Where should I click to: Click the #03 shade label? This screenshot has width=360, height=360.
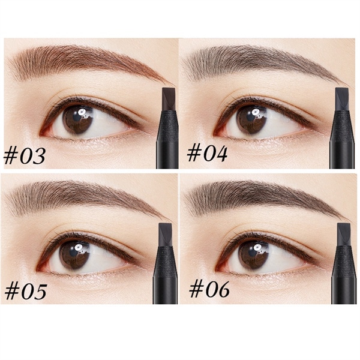[25, 155]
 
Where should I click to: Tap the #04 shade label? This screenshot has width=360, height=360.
[207, 154]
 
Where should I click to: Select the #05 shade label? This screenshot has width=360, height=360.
[26, 292]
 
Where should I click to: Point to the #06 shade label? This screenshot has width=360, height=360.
[209, 289]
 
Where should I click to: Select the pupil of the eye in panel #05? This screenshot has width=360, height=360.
[74, 254]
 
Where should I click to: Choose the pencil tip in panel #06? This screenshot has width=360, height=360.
[344, 235]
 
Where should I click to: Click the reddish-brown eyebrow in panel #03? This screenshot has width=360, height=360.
[87, 62]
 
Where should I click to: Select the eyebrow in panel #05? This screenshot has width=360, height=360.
[85, 197]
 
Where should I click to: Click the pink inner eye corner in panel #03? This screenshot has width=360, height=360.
[45, 133]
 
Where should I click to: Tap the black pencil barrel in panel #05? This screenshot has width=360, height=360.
[166, 275]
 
